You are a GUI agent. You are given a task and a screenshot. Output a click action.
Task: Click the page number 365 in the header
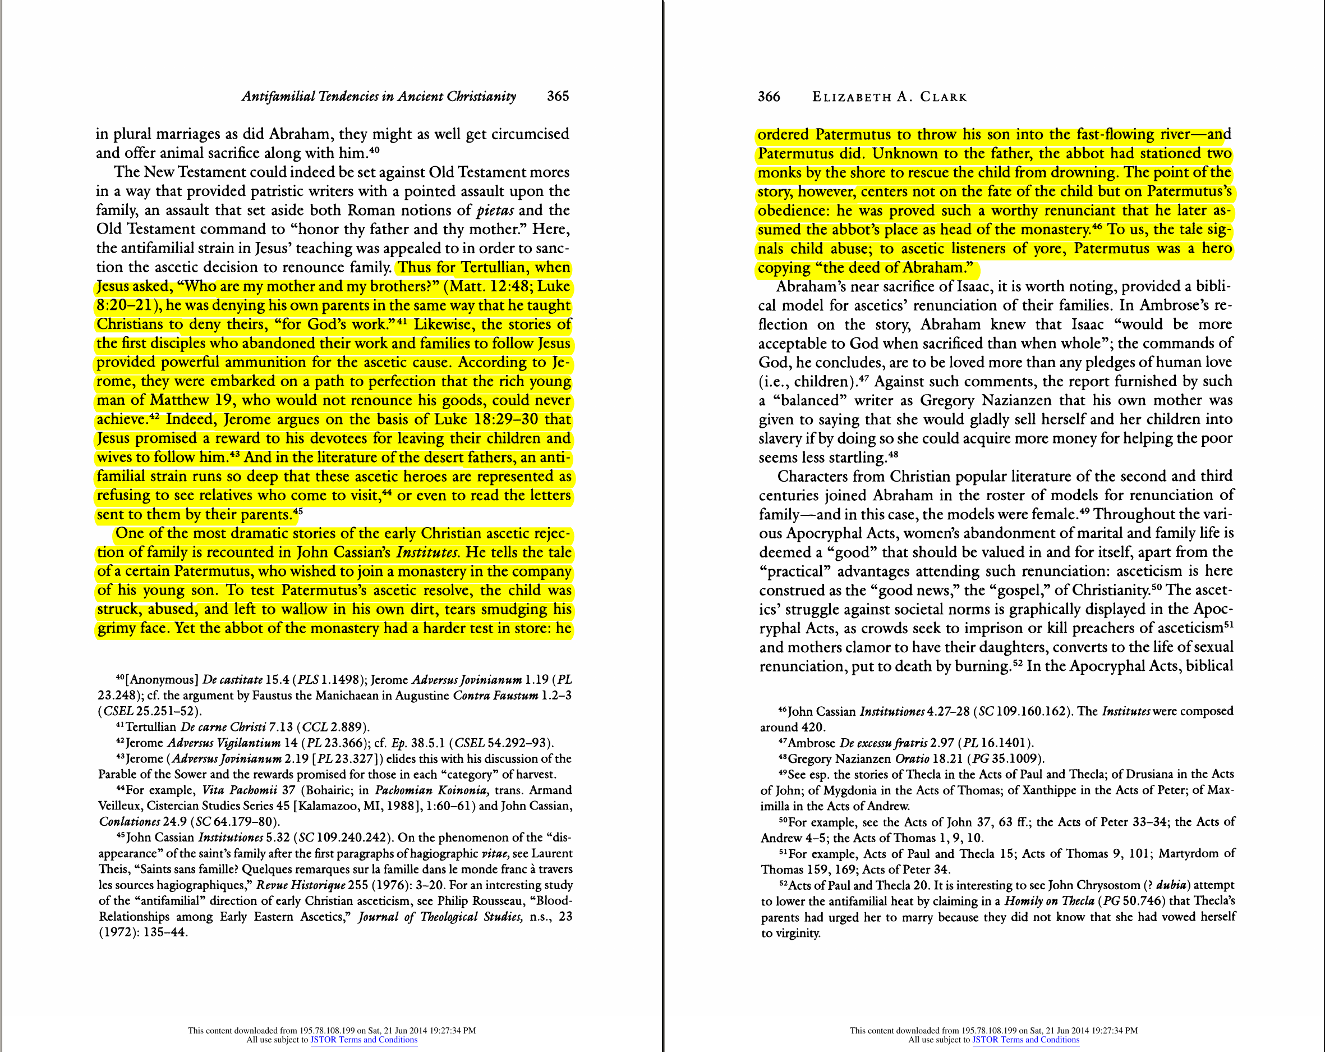tap(558, 97)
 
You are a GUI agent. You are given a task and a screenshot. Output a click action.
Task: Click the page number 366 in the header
tap(769, 97)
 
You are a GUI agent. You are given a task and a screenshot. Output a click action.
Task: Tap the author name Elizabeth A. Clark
tap(889, 97)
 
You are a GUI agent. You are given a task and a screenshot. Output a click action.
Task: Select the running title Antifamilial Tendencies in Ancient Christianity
tap(379, 97)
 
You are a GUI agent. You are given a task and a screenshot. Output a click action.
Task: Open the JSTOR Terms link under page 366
tap(1025, 1040)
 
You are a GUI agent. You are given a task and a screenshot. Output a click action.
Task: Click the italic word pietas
tap(495, 211)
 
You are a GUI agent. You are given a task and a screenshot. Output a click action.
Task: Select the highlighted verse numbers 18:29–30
tap(506, 419)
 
